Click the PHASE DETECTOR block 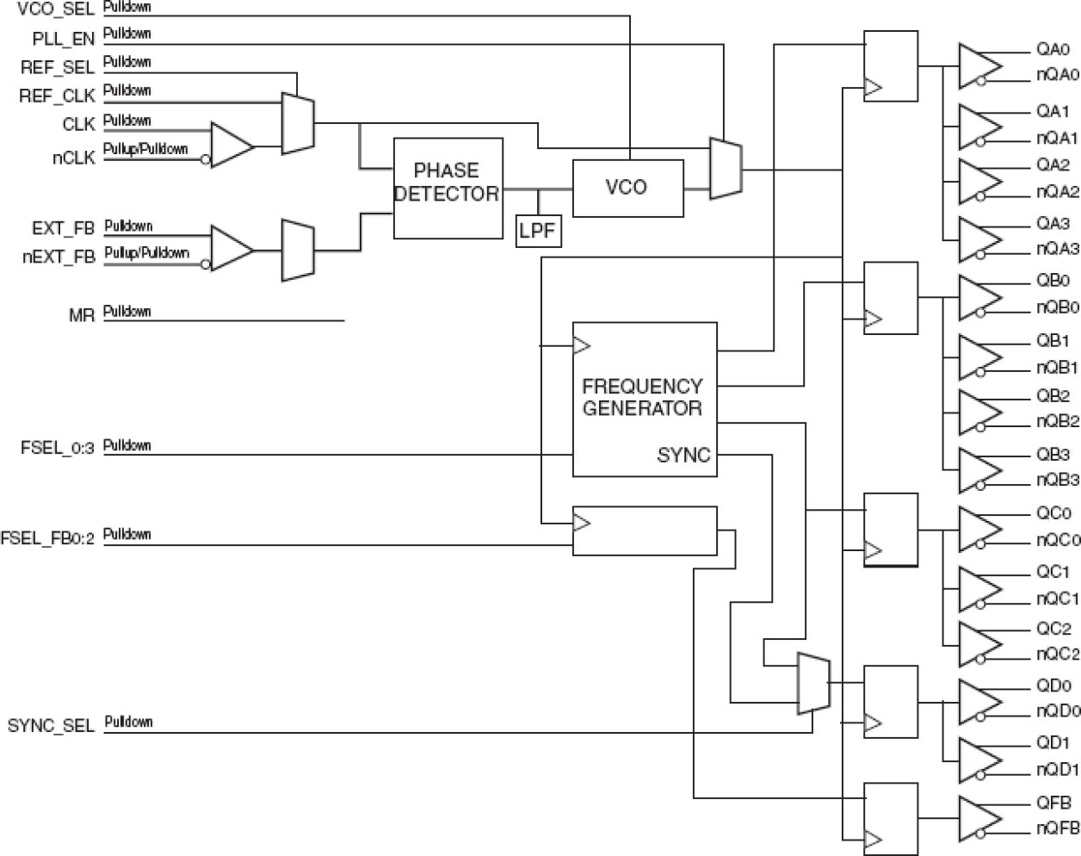click(448, 188)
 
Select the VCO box click(627, 187)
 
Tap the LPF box click(539, 231)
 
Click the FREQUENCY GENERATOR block click(644, 398)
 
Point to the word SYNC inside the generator click(683, 456)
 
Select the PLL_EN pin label click(63, 40)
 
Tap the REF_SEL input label click(58, 67)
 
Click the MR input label click(81, 316)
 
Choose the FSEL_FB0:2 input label click(47, 539)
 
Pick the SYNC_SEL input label click(51, 726)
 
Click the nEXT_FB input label click(59, 257)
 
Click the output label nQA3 click(1057, 249)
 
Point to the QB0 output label click(1053, 281)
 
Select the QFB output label click(1053, 803)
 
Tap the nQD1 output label click(1057, 769)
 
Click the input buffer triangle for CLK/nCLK click(231, 145)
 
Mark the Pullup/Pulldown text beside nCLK click(145, 149)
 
